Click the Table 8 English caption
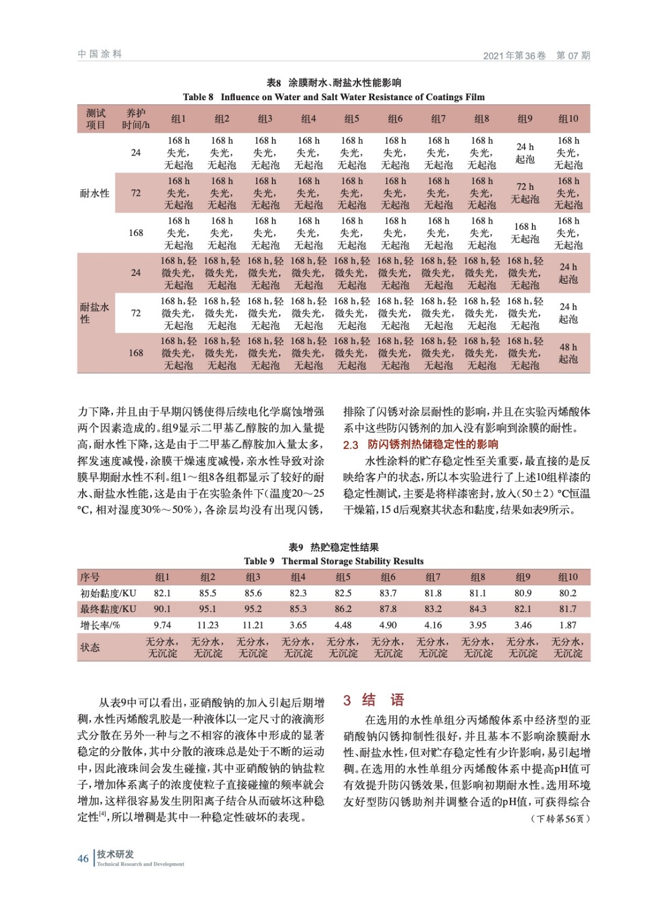coord(334,97)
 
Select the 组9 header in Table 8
coord(524,119)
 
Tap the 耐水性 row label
coord(95,193)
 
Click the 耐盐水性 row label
coord(94,313)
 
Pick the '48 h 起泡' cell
coord(568,353)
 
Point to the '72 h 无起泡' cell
coord(524,193)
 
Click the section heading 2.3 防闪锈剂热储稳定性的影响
coord(421,444)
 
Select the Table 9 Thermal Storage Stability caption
coord(334,561)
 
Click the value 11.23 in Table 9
coord(208,625)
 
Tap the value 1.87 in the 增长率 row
coord(568,625)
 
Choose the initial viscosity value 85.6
coord(253,593)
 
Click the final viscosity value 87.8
coord(388,609)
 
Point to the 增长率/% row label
coord(100,625)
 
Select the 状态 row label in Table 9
coord(90,647)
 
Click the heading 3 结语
coord(374,700)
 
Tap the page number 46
coord(83,858)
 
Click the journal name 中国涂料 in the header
coord(100,54)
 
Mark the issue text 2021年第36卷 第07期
coord(536,55)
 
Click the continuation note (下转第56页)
coord(559,818)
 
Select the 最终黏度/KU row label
coord(108,609)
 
